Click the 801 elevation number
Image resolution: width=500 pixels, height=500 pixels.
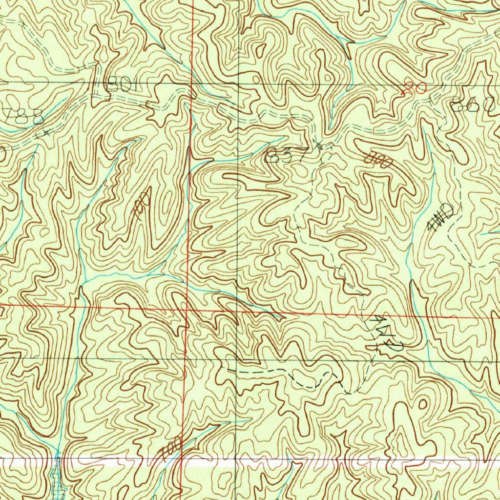[119, 86]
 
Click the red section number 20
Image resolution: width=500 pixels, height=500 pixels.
[414, 88]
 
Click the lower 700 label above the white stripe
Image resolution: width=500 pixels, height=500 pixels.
[172, 446]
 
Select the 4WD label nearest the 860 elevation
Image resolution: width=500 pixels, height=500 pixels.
[440, 218]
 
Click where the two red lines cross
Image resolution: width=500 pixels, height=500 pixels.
[187, 310]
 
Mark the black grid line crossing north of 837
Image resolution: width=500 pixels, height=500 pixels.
[237, 84]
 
